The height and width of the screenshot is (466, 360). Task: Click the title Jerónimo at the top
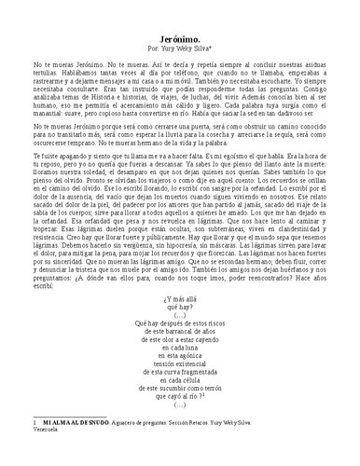pos(180,31)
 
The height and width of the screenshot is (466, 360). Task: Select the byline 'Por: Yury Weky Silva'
pos(180,44)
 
